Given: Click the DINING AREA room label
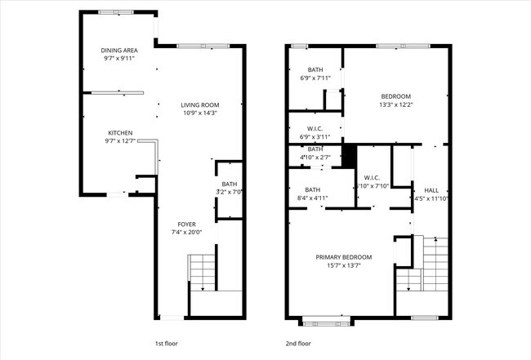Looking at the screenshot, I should click(x=119, y=50).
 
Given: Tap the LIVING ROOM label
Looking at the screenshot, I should click(x=200, y=104).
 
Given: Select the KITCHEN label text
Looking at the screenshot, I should click(x=120, y=133).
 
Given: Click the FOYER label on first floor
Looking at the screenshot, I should click(x=188, y=224).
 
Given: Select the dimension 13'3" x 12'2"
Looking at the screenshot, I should click(x=396, y=104).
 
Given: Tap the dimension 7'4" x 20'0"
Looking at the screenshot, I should click(x=188, y=232).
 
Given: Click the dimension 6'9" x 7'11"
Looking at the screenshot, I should click(x=315, y=78).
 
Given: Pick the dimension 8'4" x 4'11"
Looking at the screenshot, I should click(x=310, y=198).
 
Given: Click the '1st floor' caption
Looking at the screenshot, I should click(x=167, y=344).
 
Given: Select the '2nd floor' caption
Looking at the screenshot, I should click(x=298, y=344).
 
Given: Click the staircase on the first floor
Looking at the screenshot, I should click(x=201, y=273).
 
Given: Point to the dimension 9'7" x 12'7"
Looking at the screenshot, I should click(x=120, y=141).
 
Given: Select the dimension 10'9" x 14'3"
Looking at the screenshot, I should click(x=200, y=113).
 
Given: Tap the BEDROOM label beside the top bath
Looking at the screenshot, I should click(x=396, y=96).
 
